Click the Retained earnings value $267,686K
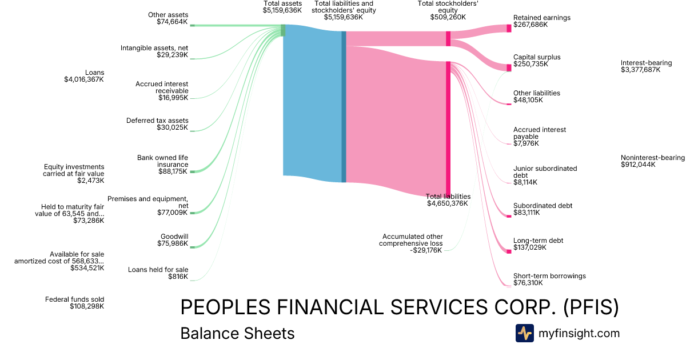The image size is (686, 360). coord(530,25)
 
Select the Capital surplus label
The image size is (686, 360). coord(536,57)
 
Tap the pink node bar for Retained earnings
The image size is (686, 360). coord(509,28)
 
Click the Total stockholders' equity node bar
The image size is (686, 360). coord(448,38)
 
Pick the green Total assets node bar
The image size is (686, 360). coord(283,30)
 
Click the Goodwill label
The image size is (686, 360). coord(174,236)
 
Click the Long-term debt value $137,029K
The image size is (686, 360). coord(530,247)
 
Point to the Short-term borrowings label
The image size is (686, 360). coord(549,276)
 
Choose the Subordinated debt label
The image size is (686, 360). coord(543,206)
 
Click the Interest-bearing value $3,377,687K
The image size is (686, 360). coord(640,70)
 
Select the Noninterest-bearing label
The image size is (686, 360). coord(652,158)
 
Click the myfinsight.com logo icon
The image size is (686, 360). coord(524,333)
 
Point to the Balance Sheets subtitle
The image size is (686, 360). coord(237,333)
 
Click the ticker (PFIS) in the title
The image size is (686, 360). coord(591,307)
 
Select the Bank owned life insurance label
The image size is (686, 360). coord(162,161)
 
